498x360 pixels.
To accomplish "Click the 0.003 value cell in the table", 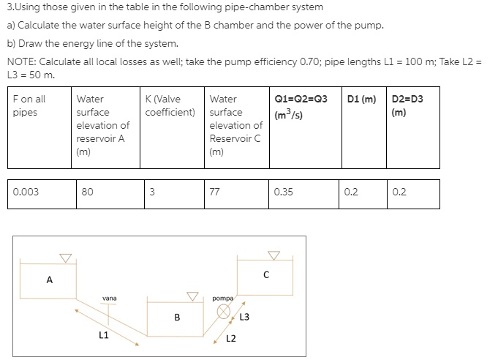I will coord(26,192).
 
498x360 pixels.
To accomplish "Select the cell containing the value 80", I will coord(88,192).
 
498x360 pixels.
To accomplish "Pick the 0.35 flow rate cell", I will coord(283,192).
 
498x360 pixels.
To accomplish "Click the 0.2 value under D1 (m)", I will coord(351,192).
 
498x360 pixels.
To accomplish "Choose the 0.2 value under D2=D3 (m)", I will coord(399,192).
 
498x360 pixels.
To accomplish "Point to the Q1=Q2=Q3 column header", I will coord(301,105).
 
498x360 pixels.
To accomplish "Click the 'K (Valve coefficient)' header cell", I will coord(170,105).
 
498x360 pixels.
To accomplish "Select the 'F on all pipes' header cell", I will coord(29,105).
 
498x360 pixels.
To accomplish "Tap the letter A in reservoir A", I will coord(50,279).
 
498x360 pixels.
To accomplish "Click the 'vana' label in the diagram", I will coord(110,298).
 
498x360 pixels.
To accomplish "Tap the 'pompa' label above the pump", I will coord(222,299).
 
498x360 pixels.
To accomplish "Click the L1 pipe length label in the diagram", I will coord(104,336).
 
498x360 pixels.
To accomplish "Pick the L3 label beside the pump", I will coord(244,317).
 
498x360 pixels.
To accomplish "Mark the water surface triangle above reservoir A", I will coord(66,258).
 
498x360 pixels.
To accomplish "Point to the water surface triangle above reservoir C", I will coord(273,255).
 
